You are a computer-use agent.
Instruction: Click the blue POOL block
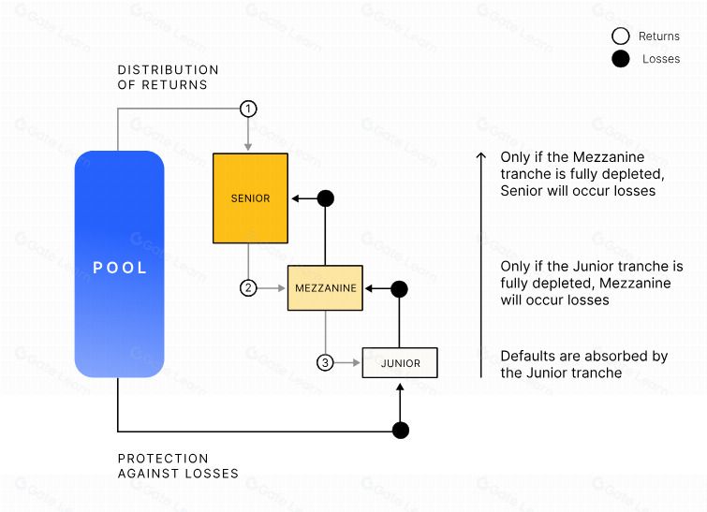119,264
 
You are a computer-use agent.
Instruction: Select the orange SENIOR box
250,198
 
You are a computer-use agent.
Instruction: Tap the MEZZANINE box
325,288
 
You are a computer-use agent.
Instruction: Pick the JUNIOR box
400,363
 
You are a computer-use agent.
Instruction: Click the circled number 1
248,109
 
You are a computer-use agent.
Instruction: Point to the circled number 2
248,287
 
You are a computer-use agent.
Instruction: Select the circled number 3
325,362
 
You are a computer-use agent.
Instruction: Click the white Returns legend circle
621,37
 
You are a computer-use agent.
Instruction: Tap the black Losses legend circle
621,59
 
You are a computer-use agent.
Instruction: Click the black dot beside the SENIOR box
326,198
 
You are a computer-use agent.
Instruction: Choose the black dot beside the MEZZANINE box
399,289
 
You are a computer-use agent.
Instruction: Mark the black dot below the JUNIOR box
401,431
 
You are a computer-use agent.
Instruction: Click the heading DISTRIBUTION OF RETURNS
168,77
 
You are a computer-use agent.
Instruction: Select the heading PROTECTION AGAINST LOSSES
178,466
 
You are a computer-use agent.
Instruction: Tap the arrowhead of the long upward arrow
481,155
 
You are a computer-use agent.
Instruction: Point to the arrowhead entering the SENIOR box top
247,147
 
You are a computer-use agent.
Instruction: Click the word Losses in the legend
661,59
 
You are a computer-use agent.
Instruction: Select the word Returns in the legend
658,37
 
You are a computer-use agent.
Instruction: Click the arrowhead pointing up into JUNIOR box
400,387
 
